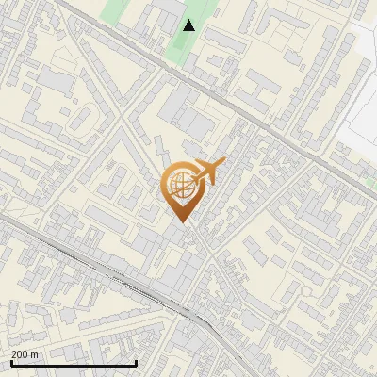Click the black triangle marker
[x=188, y=25]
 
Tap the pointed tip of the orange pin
[x=180, y=221]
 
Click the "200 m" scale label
[x=25, y=354]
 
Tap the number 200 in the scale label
[x=20, y=354]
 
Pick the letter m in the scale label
[x=34, y=354]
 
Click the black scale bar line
[x=74, y=363]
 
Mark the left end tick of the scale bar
[x=11, y=361]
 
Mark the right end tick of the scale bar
[x=137, y=361]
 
